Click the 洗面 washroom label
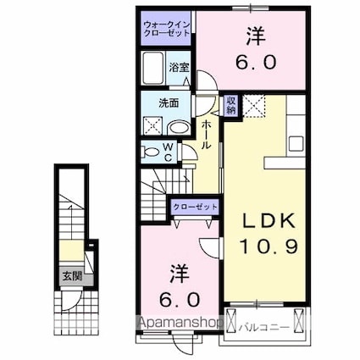point(169,103)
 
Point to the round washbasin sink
point(180,128)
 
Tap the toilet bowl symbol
point(150,152)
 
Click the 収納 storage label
point(230,105)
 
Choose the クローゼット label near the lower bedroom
point(196,207)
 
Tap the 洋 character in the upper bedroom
point(253,36)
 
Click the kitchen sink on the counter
point(295,141)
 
